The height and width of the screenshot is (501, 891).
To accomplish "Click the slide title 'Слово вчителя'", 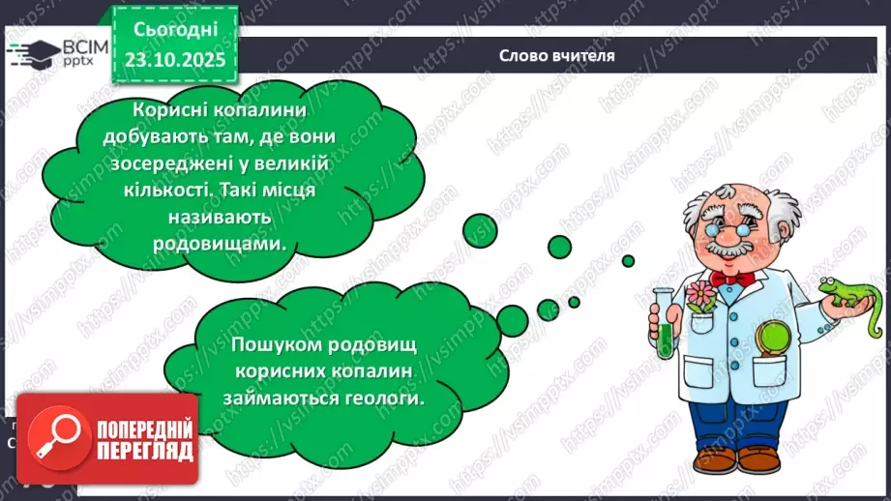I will coord(556,56).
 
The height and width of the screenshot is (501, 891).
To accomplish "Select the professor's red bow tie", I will coord(731,279).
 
